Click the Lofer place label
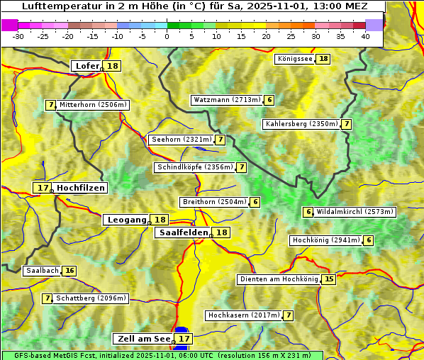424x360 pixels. tap(87, 66)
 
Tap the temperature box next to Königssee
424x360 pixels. tap(323, 59)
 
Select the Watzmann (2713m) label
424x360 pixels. tap(227, 100)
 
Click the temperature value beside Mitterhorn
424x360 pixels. tap(50, 105)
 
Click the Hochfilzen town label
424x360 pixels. tap(81, 188)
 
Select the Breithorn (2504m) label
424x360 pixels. tap(213, 202)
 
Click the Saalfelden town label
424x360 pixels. tap(184, 232)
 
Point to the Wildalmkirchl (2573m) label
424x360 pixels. tap(355, 212)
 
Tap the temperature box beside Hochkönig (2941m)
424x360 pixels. tap(369, 240)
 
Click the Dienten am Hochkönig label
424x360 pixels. tap(279, 279)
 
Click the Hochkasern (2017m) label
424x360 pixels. tap(243, 315)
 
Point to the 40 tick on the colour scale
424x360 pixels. tap(365, 35)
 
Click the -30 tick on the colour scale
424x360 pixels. tap(19, 35)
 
